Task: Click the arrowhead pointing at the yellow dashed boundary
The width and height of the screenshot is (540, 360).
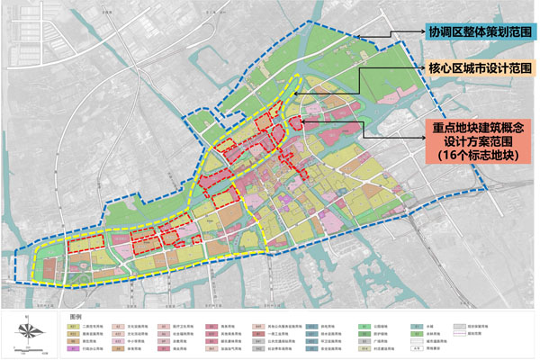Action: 361,68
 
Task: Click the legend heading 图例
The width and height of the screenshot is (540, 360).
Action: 76,317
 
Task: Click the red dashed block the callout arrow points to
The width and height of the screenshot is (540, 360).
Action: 294,121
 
